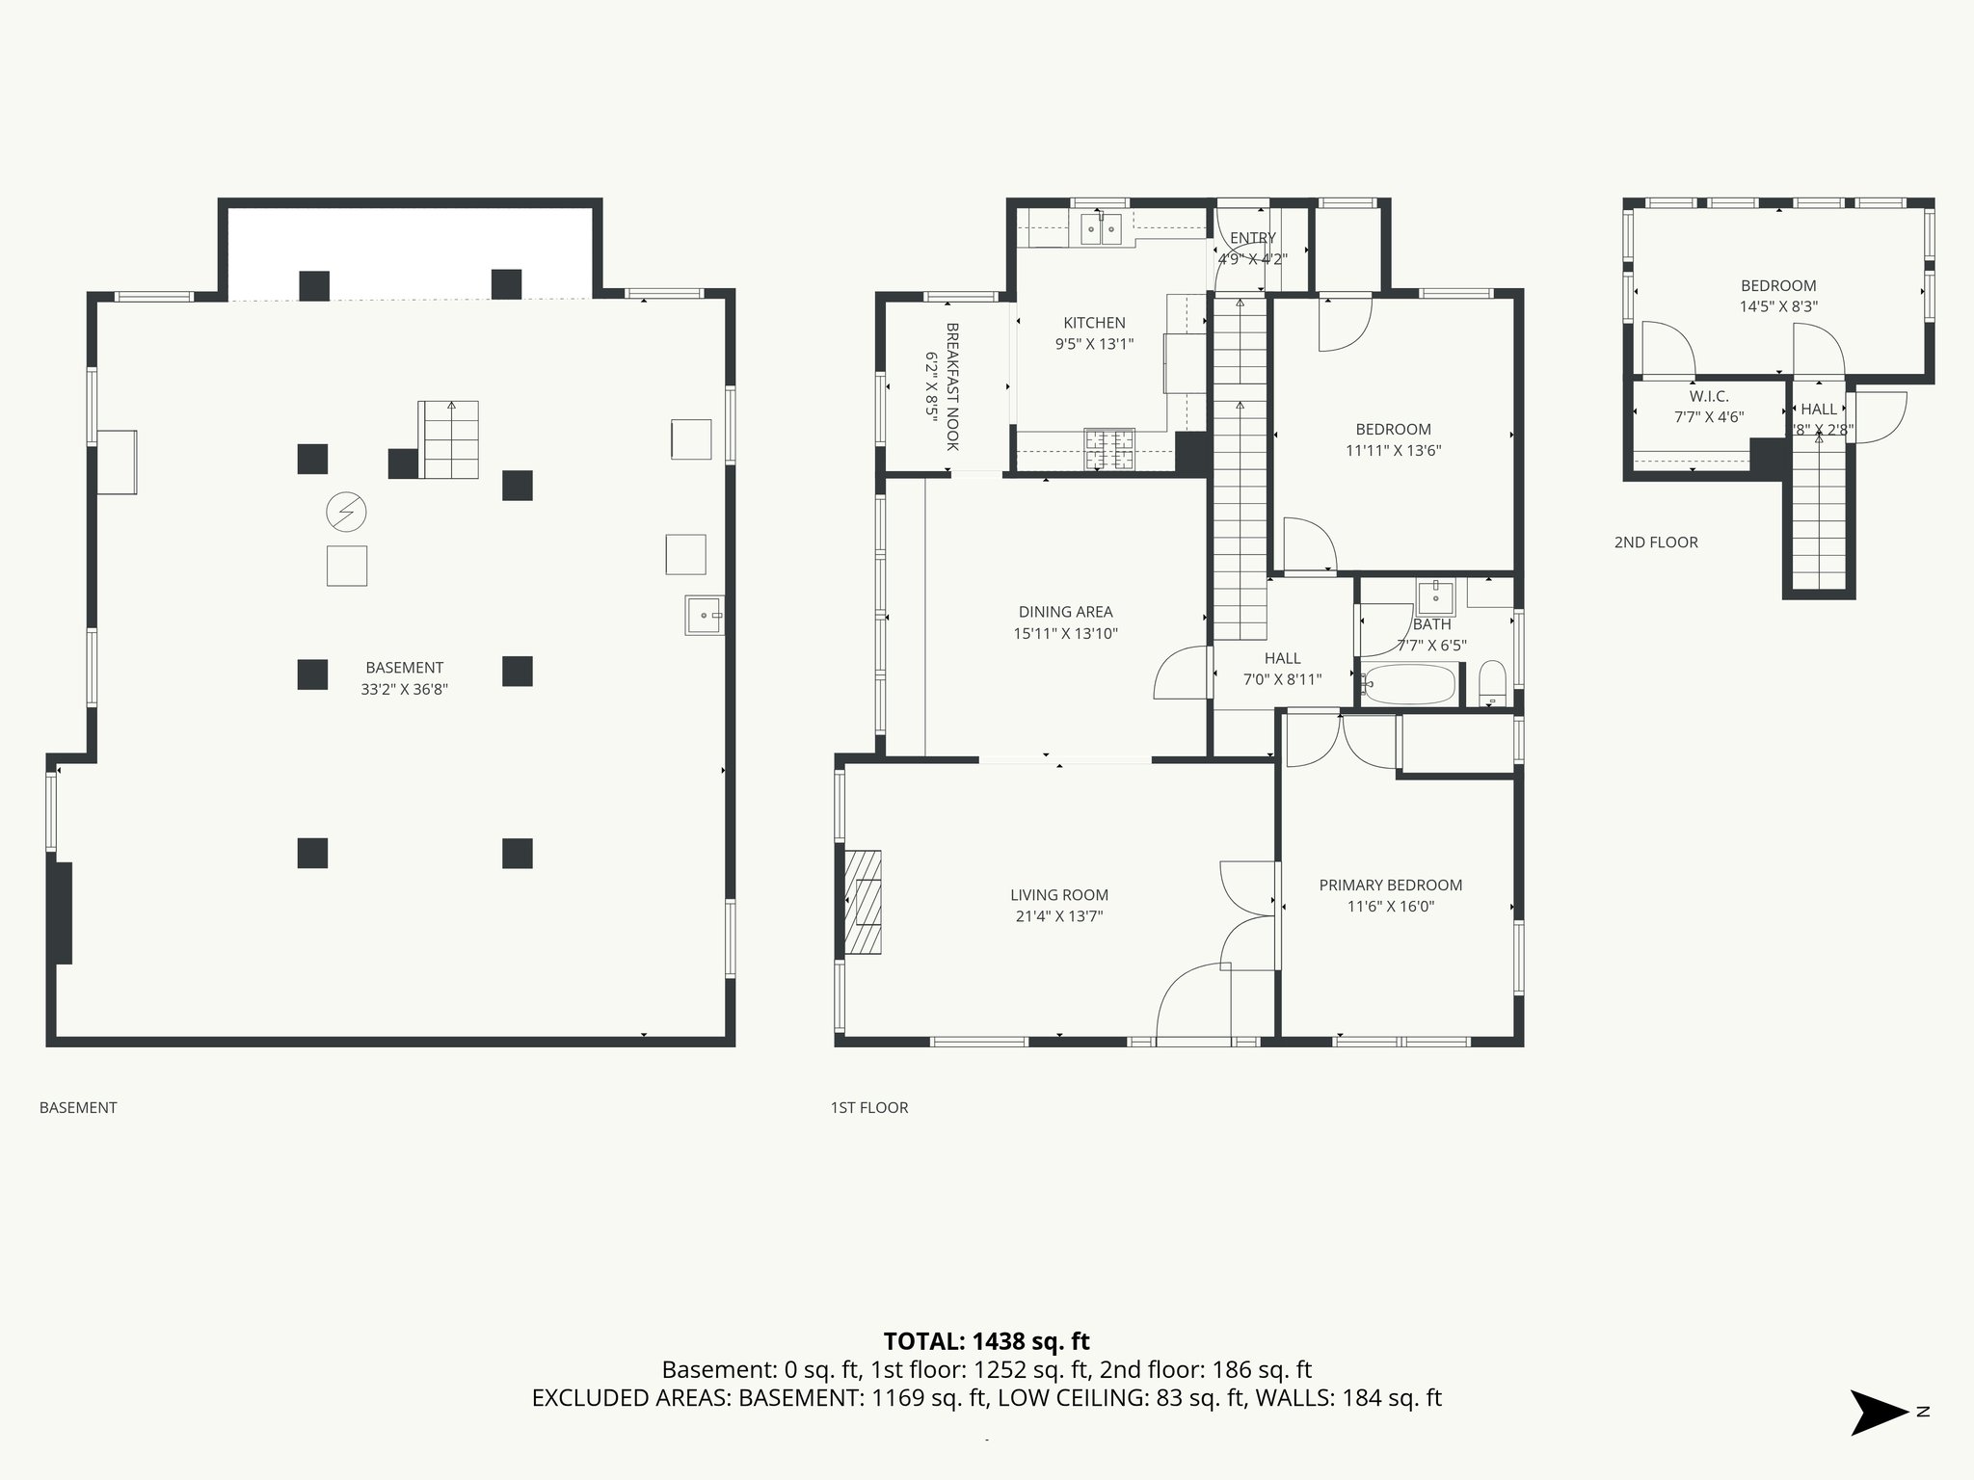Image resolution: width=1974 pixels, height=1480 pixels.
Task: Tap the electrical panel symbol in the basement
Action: click(x=347, y=512)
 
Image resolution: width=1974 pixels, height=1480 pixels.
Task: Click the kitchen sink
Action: click(x=1102, y=229)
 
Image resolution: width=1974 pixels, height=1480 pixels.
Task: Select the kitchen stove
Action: click(x=1109, y=450)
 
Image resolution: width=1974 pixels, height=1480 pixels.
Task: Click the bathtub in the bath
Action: click(x=1409, y=685)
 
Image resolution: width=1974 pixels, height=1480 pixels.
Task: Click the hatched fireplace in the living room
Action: click(x=865, y=902)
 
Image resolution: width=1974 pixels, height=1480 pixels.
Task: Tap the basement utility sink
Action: click(x=705, y=615)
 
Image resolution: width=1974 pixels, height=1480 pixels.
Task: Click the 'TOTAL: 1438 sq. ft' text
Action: click(x=986, y=1340)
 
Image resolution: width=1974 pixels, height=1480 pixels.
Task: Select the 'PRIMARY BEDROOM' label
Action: click(x=1390, y=885)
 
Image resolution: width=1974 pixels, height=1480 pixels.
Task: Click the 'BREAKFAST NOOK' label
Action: click(x=952, y=386)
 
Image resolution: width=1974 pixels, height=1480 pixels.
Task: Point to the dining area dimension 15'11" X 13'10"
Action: click(x=1064, y=634)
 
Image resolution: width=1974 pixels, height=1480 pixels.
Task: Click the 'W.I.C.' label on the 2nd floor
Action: click(x=1708, y=396)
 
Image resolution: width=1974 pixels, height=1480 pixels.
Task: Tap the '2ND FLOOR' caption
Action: click(x=1656, y=542)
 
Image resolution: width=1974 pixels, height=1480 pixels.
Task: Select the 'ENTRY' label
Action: click(x=1252, y=238)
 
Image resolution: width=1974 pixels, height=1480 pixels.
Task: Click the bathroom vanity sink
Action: click(x=1436, y=596)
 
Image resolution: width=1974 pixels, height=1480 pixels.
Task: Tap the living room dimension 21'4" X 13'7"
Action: click(x=1058, y=916)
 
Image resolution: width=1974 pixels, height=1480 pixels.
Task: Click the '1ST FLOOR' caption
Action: click(x=868, y=1108)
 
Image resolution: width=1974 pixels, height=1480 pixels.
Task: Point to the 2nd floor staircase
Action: click(x=1819, y=520)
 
